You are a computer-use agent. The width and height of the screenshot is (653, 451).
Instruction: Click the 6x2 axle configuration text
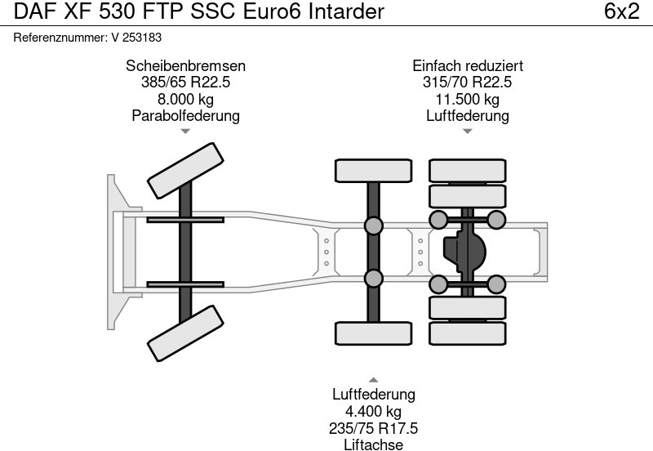pos(621,12)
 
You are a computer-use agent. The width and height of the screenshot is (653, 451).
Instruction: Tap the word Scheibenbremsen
pos(185,66)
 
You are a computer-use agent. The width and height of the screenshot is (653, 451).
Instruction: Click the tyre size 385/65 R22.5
pos(185,83)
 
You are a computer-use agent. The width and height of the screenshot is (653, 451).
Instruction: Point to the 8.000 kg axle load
pos(185,99)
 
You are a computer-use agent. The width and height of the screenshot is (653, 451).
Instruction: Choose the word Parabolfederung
pos(185,115)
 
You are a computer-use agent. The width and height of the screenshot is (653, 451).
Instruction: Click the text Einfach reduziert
pos(468,66)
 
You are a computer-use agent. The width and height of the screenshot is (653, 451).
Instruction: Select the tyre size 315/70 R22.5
pos(468,83)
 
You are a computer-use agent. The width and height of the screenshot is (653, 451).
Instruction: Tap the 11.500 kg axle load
pos(468,99)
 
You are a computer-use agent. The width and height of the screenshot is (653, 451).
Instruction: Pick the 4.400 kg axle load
pos(374,411)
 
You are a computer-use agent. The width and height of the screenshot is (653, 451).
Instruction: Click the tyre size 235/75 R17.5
pos(374,427)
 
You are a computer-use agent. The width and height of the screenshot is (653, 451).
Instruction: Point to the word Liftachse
pos(374,444)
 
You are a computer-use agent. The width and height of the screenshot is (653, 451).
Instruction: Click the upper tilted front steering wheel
pos(185,171)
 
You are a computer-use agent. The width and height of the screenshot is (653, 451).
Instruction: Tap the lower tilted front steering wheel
pos(185,333)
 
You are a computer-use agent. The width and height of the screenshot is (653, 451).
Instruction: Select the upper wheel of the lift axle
pos(373,170)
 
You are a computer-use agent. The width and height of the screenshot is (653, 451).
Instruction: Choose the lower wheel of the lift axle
pos(373,333)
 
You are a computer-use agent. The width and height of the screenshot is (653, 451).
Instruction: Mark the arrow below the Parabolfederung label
pos(185,131)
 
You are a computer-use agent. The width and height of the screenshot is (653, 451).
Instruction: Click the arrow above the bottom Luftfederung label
pos(373,379)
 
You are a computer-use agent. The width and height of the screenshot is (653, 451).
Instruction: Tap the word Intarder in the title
pos(346,12)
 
